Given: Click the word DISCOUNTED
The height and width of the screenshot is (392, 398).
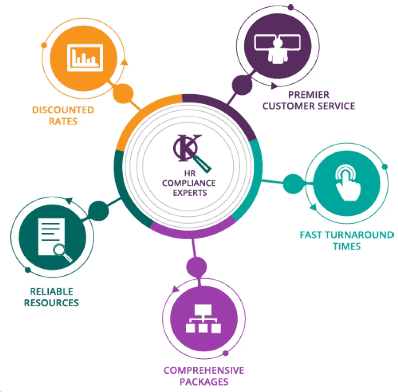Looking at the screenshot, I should point(63,110).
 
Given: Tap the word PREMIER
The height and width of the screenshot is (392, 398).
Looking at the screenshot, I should point(309,94).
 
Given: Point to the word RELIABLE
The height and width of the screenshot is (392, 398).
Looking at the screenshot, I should point(51,291).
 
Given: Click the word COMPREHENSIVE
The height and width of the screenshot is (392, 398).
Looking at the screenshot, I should point(204,370).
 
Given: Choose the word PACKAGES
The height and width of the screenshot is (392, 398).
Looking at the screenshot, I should point(204,382).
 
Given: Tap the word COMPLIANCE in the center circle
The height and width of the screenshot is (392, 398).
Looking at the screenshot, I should point(189,183).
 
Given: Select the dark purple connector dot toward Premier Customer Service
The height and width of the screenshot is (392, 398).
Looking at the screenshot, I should point(242,84).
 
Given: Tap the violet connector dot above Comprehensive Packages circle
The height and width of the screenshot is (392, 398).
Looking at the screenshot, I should point(197,265).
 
